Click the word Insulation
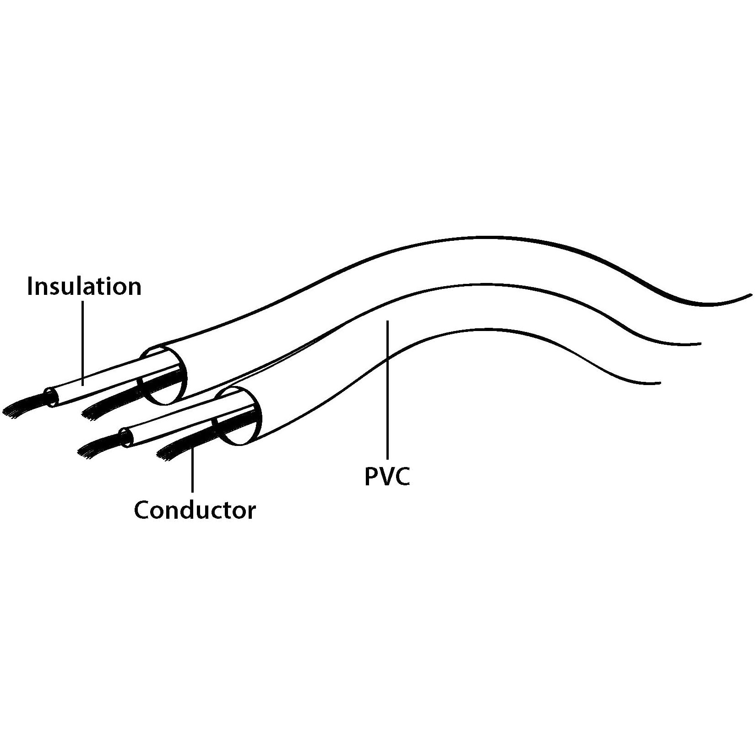(x=84, y=286)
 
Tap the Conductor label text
(x=195, y=510)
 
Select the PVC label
(x=387, y=476)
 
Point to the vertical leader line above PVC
(x=388, y=389)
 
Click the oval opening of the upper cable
(x=163, y=376)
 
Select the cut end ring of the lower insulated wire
(x=125, y=437)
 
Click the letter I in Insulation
(x=30, y=286)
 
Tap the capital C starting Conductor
(x=142, y=510)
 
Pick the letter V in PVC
(x=386, y=476)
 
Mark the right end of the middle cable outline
(x=699, y=344)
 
